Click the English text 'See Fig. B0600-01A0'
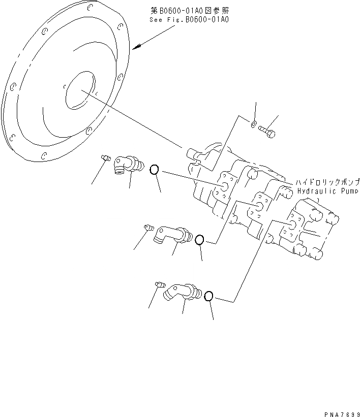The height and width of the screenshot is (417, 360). click(189, 20)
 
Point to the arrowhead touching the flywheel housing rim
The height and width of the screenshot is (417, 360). click(134, 48)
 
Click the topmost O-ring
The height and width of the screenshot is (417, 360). click(155, 170)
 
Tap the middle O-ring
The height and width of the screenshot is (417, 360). click(200, 240)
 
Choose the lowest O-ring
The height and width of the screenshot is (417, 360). click(208, 296)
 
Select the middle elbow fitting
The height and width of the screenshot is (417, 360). click(172, 234)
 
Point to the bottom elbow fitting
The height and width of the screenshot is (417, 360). click(181, 292)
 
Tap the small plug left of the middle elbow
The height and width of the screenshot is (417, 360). click(148, 227)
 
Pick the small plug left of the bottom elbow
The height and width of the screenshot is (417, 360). click(159, 284)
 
